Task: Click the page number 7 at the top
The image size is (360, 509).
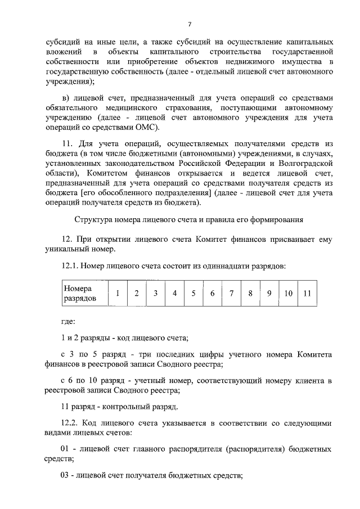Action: tap(190, 24)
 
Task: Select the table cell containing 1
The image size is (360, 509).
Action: tap(117, 293)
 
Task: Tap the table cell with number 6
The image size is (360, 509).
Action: tap(212, 293)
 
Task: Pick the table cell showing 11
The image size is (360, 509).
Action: tap(307, 293)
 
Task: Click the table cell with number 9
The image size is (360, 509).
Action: tap(269, 293)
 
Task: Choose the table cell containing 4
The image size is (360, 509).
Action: tap(174, 293)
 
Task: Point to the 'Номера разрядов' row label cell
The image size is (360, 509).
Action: tap(84, 293)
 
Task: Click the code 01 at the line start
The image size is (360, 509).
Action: tap(65, 449)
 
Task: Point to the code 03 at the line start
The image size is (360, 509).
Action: tap(65, 474)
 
